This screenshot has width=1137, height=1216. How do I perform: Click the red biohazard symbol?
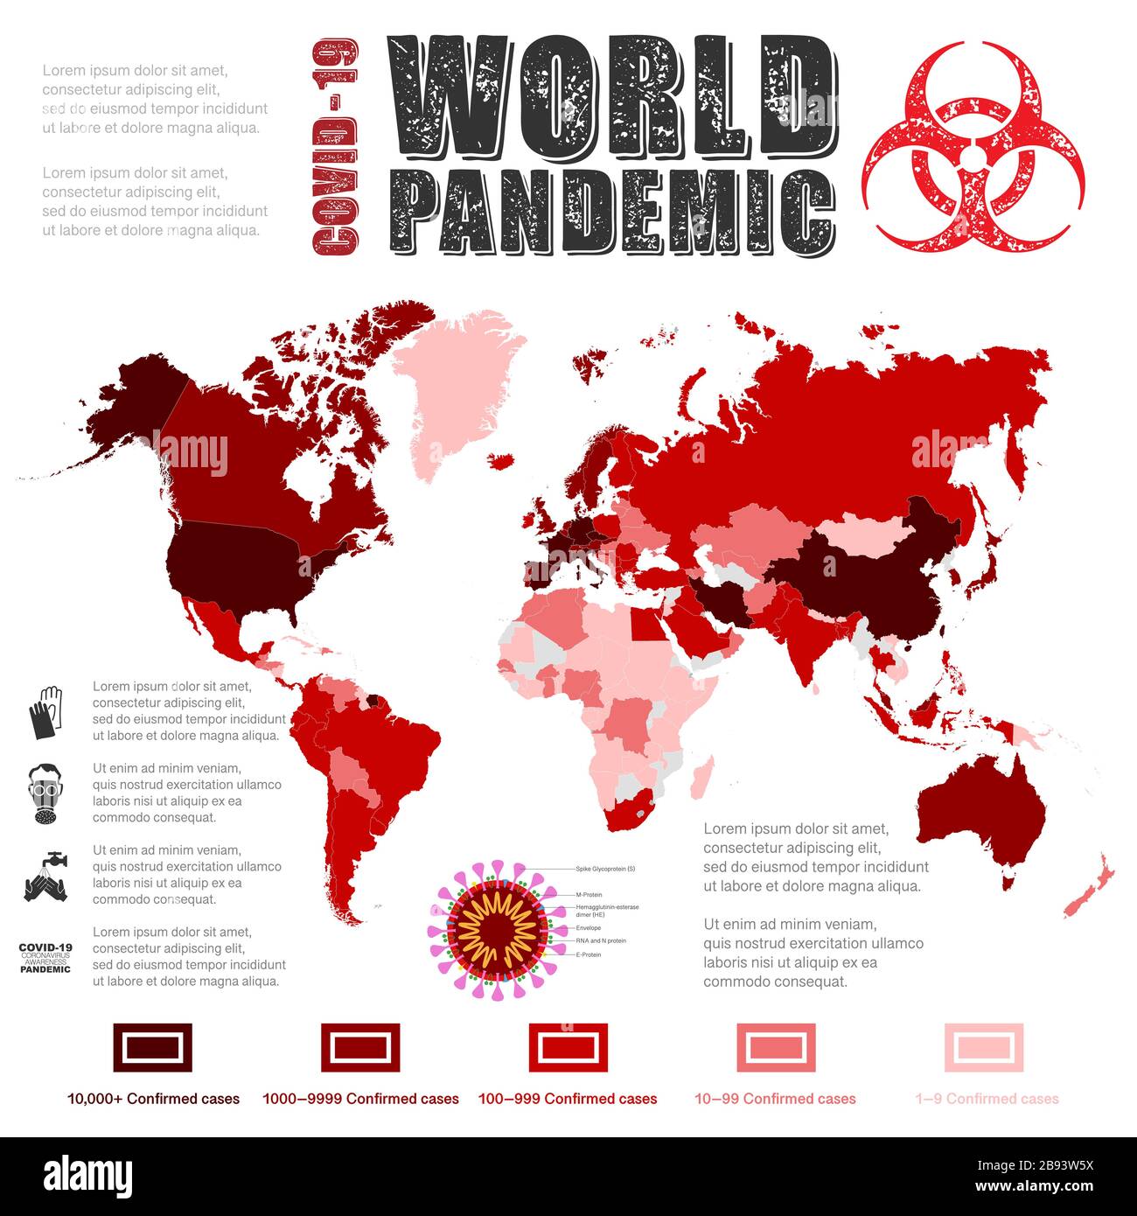coord(973,144)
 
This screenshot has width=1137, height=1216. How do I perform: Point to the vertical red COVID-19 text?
coord(335,146)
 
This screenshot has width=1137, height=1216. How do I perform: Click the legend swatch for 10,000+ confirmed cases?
coord(152,1047)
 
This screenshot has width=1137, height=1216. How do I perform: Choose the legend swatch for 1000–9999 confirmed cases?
coord(360,1047)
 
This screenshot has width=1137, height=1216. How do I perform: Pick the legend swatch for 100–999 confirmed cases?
coord(568,1047)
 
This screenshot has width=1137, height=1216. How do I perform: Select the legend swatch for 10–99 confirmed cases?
coord(776,1047)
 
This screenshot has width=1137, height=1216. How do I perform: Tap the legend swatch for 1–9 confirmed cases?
coord(984,1047)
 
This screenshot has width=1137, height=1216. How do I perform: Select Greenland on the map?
coord(455,385)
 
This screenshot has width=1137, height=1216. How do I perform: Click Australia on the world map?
coord(980,814)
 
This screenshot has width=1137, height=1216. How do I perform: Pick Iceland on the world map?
coord(499,460)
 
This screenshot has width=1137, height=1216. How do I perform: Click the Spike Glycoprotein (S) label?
coord(605,869)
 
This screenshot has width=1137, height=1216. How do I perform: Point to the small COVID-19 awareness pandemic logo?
coord(45,958)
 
